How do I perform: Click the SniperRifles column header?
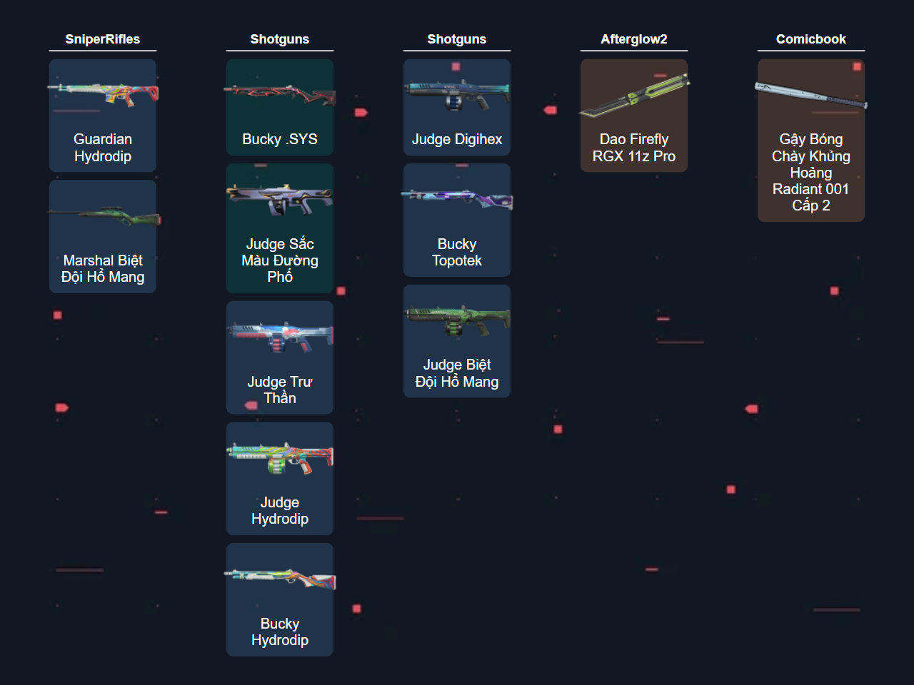pyautogui.click(x=102, y=39)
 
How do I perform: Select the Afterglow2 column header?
pyautogui.click(x=633, y=39)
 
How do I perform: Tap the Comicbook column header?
pyautogui.click(x=810, y=39)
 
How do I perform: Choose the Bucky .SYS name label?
pyautogui.click(x=279, y=139)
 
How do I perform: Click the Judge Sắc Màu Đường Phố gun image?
pyautogui.click(x=279, y=199)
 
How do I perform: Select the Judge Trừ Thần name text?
pyautogui.click(x=279, y=390)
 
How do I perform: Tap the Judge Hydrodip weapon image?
pyautogui.click(x=279, y=458)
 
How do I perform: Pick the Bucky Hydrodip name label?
pyautogui.click(x=279, y=631)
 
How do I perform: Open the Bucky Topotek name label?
pyautogui.click(x=457, y=252)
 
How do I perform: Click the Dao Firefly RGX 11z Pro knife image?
pyautogui.click(x=634, y=96)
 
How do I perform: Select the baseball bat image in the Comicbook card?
pyautogui.click(x=810, y=96)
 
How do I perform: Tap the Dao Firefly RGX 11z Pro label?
pyautogui.click(x=634, y=148)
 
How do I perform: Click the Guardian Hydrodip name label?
pyautogui.click(x=103, y=148)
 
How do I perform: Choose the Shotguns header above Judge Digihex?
pyautogui.click(x=456, y=39)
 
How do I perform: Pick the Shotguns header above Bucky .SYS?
pyautogui.click(x=279, y=39)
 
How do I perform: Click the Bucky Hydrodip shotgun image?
pyautogui.click(x=279, y=579)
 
